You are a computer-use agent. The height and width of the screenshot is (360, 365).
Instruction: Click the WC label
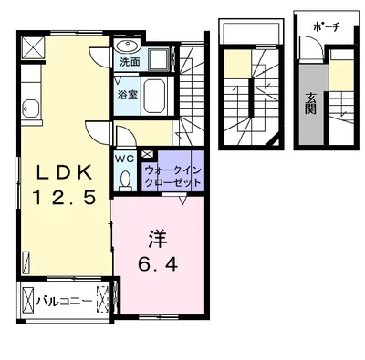click(125, 156)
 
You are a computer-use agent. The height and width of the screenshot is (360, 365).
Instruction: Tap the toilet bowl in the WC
click(125, 179)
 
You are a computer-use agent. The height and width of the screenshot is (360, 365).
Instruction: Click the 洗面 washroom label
click(129, 63)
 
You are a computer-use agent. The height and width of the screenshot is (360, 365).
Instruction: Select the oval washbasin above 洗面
click(128, 46)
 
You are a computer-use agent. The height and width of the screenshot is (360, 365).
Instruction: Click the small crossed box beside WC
click(147, 155)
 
